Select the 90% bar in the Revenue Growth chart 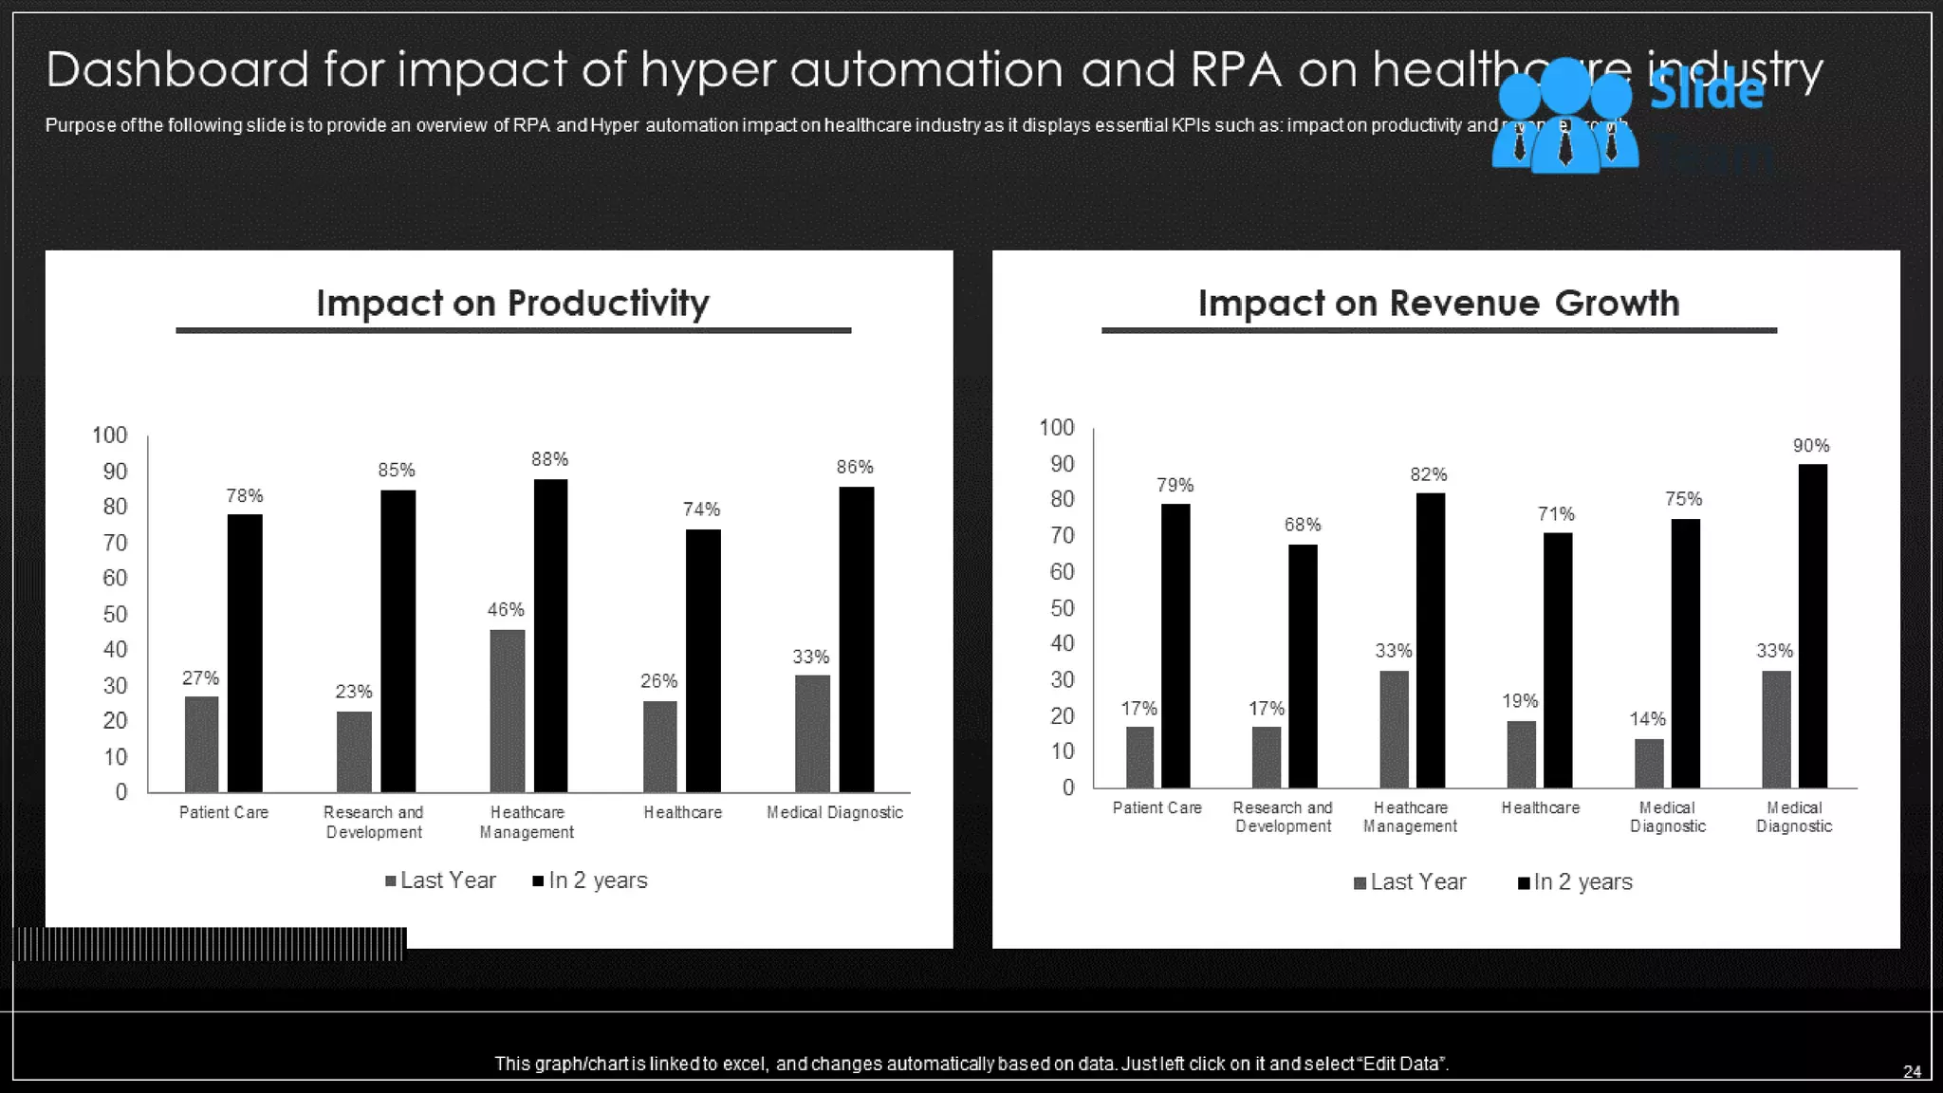[x=1812, y=625]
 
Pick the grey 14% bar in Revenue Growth [x=1649, y=763]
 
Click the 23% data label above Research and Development [x=353, y=692]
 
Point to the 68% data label [x=1303, y=525]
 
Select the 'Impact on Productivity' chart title [x=512, y=304]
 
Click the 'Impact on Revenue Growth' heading [x=1438, y=304]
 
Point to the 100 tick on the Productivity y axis [x=109, y=435]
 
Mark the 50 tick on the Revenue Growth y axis [x=1062, y=608]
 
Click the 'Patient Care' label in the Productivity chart [x=224, y=812]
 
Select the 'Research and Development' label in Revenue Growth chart [x=1283, y=817]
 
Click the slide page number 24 [x=1912, y=1071]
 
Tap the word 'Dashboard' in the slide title [x=177, y=69]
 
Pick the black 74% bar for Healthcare [x=703, y=660]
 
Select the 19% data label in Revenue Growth [x=1520, y=701]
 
